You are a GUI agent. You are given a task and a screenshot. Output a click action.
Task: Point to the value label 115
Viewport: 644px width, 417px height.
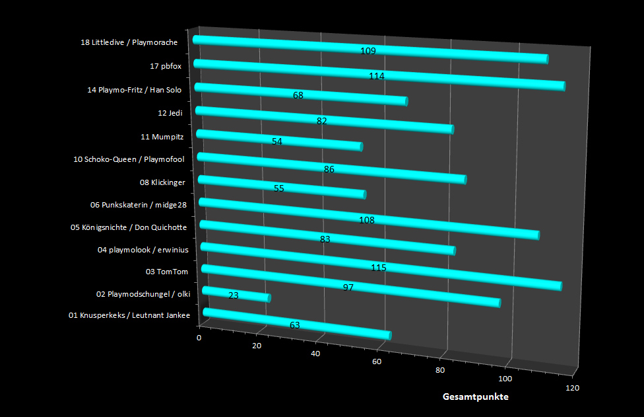point(378,268)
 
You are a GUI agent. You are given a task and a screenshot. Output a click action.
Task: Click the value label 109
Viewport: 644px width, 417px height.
point(368,51)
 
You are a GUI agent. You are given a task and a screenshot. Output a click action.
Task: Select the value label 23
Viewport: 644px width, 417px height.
point(233,295)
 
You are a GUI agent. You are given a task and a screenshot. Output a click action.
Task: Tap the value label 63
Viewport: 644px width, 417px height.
point(295,324)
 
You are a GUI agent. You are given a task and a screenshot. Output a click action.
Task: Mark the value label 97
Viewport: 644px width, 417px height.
point(349,287)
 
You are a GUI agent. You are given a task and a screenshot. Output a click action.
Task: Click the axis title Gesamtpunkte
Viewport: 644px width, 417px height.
point(475,397)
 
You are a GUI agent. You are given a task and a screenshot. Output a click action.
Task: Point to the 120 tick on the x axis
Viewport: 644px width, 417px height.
point(572,388)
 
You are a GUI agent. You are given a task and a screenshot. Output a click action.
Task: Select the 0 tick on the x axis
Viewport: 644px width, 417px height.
point(199,338)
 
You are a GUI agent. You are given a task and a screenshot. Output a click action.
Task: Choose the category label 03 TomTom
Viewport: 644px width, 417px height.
point(167,272)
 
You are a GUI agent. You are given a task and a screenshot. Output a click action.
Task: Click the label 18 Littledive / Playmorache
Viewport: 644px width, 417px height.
point(129,43)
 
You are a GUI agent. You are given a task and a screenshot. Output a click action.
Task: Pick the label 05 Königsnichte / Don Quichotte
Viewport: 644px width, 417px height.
point(129,227)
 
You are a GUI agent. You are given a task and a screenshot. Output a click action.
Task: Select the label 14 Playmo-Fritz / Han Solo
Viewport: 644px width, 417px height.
point(135,89)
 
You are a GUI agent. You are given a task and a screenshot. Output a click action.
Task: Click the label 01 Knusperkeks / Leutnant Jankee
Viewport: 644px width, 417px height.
point(129,315)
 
